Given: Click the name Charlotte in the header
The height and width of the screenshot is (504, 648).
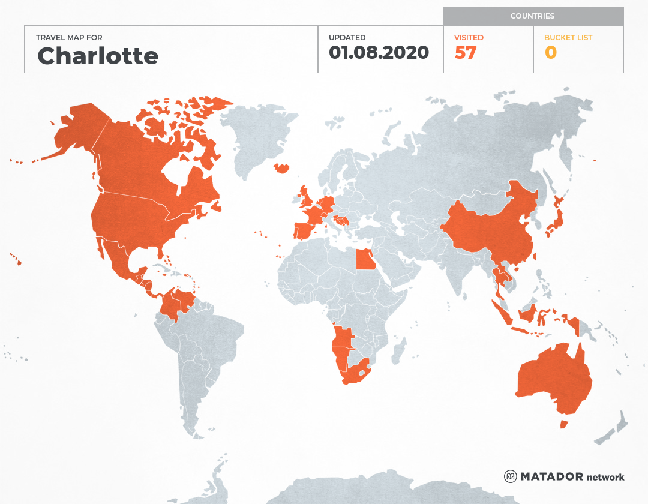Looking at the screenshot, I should coord(98,56).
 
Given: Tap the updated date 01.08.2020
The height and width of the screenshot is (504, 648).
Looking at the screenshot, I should coord(379,53).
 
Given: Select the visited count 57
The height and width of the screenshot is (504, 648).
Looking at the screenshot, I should coord(466,53).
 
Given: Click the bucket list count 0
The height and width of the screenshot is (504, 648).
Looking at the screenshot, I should coord(551,53).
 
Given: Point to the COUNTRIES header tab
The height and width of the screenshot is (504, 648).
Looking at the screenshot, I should coord(532,16).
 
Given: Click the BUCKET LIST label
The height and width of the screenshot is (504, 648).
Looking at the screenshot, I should coord(568,37).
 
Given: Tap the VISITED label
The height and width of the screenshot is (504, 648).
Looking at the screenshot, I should coord(469,37).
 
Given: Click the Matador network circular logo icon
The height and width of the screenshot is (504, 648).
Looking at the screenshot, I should coord(510,476).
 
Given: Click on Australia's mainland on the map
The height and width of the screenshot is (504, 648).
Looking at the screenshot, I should coord(552,378).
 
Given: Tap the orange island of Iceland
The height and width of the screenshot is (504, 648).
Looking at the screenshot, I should coord(281,168).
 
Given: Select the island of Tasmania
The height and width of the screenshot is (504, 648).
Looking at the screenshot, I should coord(563,424).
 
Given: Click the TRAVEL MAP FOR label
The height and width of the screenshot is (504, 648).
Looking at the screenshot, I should coord(70,37).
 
